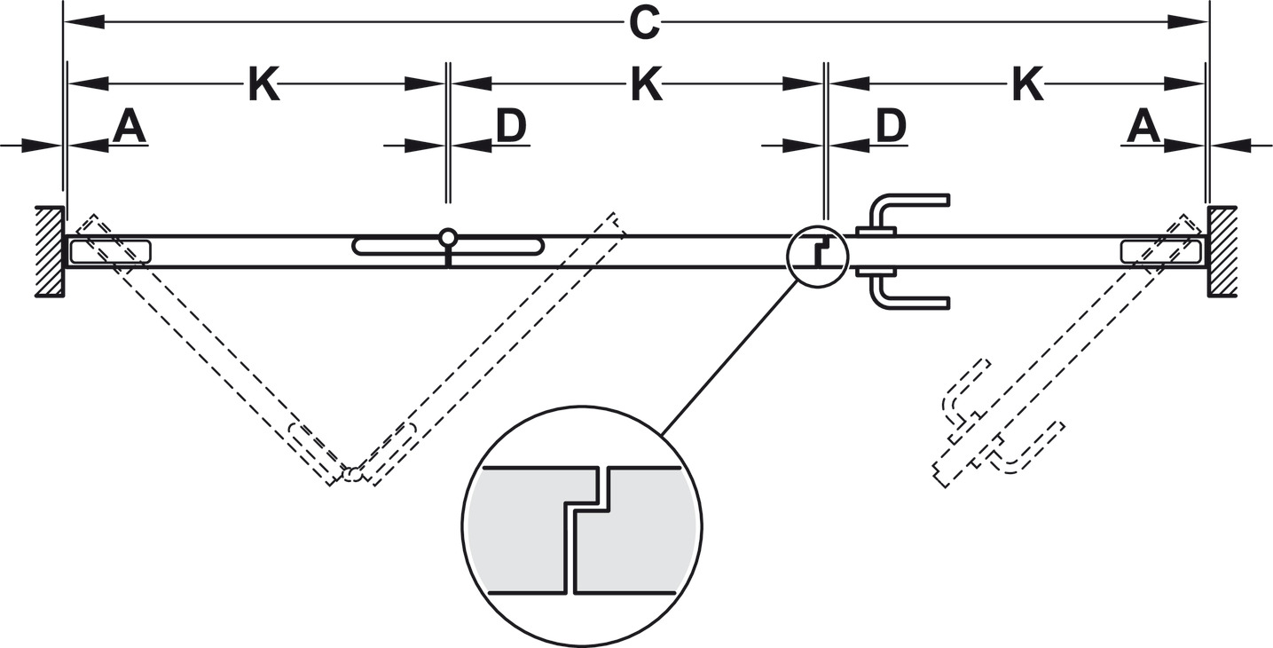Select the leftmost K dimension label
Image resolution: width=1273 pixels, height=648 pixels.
pos(263,86)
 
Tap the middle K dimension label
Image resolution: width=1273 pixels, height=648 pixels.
pos(647,86)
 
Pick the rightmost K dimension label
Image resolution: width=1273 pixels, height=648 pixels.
pos(1026,86)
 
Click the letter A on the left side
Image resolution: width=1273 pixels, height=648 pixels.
pos(129,129)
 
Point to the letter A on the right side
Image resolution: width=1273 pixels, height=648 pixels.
pos(1143,129)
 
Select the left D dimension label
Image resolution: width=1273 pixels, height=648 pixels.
pos(511,129)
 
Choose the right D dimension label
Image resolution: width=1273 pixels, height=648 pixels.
pos(891,129)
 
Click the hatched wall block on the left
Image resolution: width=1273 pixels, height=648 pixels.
pos(49,252)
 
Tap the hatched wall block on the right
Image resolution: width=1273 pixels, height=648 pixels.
pos(1222,252)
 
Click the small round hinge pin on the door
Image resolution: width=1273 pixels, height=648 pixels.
pos(448,237)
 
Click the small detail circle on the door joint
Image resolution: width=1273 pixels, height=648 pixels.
pos(817,257)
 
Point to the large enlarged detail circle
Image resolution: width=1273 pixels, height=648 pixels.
pos(582,527)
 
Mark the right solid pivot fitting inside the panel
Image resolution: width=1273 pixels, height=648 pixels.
pos(1160,251)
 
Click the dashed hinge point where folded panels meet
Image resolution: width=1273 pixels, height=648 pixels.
pos(353,474)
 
